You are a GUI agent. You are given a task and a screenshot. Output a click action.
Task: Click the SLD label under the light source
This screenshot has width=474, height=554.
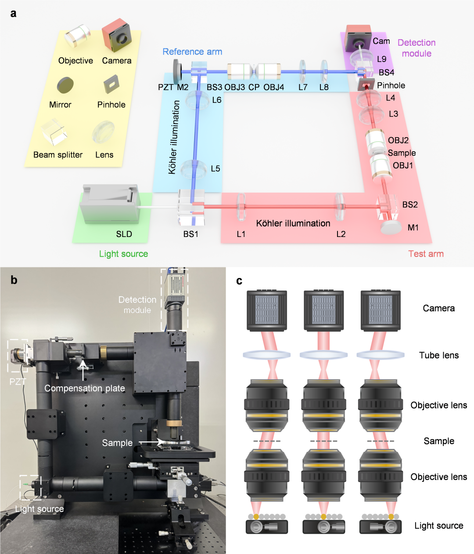coord(124,234)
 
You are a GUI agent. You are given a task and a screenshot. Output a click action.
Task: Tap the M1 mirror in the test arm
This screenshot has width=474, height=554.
coord(391,227)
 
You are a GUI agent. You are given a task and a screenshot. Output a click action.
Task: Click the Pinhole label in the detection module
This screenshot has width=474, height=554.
coord(391,85)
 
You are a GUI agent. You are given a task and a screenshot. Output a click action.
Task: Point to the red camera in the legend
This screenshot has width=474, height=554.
coord(117,36)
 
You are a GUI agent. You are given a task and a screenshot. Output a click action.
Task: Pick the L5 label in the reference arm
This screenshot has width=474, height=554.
coord(215,168)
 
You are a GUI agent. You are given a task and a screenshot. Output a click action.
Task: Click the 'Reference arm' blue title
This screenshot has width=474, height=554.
coord(192,51)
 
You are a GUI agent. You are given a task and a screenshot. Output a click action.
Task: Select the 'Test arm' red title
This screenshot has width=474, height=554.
coord(426,254)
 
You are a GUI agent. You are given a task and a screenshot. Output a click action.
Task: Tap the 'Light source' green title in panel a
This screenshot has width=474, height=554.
coord(123,254)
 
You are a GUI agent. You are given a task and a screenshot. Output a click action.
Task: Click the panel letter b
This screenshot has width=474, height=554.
coord(14,280)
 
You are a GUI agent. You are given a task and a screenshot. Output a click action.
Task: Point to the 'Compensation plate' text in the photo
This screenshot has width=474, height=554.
coord(85,388)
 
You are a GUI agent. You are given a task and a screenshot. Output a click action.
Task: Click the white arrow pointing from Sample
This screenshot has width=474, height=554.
coord(152,442)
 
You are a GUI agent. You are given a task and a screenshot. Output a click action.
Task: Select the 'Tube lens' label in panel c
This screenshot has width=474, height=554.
coord(438,355)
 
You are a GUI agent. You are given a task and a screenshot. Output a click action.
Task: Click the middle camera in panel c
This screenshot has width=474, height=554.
coord(324,310)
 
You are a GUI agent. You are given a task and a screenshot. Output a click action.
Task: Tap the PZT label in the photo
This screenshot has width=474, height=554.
coord(18,381)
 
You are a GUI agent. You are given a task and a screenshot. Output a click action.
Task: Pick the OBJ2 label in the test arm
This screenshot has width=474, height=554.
coord(398,140)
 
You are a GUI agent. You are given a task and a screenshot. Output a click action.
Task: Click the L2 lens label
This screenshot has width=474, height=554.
coord(341,234)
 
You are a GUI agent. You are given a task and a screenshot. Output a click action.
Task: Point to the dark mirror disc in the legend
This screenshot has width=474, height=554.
coord(65,84)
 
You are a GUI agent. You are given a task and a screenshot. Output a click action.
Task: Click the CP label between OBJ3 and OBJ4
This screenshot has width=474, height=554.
coord(254,87)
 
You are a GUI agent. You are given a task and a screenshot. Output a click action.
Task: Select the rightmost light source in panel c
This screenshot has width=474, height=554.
coord(381,526)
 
